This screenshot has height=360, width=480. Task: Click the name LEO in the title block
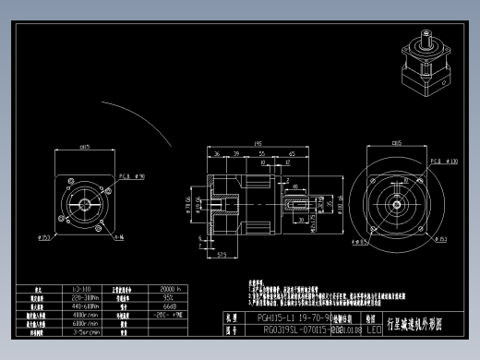point(374,328)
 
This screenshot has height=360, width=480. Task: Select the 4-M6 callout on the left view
point(131,237)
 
